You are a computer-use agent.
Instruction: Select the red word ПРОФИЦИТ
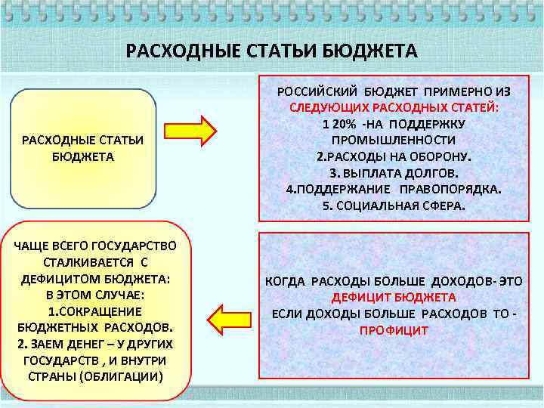pos(393,331)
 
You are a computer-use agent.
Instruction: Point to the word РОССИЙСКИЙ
pos(316,90)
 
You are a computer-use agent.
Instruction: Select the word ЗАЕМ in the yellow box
pos(54,343)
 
